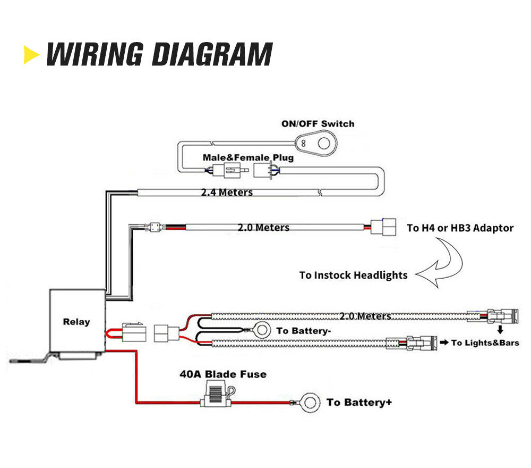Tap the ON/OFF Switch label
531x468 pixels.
[x=318, y=124]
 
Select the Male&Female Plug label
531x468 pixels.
[x=247, y=158]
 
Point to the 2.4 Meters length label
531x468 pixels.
[x=227, y=192]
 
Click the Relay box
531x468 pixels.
[x=76, y=321]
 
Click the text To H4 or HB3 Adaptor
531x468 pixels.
[x=460, y=228]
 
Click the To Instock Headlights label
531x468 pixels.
[x=353, y=275]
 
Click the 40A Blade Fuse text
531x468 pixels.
[x=222, y=374]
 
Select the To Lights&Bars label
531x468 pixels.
[x=485, y=343]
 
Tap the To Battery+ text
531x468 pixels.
[x=359, y=402]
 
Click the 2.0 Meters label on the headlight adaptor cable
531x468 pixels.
[x=263, y=228]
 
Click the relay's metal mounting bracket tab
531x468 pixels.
[x=29, y=360]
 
